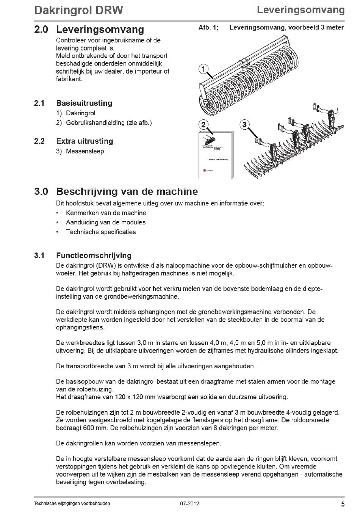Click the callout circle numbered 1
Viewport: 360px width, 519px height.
tap(203, 69)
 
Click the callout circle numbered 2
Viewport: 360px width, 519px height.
tap(203, 125)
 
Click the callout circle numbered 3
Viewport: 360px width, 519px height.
tap(244, 125)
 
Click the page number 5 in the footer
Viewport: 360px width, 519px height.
tap(343, 504)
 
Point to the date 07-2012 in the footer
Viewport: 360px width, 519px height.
tap(189, 504)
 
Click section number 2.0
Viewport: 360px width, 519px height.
tap(41, 30)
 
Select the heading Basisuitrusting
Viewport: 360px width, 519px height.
tap(84, 103)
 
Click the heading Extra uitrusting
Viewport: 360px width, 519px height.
tap(85, 141)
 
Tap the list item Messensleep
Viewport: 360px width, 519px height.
tap(85, 151)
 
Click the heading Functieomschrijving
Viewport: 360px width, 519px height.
tap(94, 256)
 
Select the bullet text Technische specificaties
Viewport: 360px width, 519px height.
tap(101, 232)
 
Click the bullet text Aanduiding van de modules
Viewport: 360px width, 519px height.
tap(106, 223)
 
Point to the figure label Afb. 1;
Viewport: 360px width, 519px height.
tap(208, 27)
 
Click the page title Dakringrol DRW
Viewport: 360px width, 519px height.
tap(78, 10)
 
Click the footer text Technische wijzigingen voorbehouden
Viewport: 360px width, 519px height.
tap(72, 503)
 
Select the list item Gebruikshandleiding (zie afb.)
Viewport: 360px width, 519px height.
tap(109, 123)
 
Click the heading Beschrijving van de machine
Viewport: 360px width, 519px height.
tap(127, 191)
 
